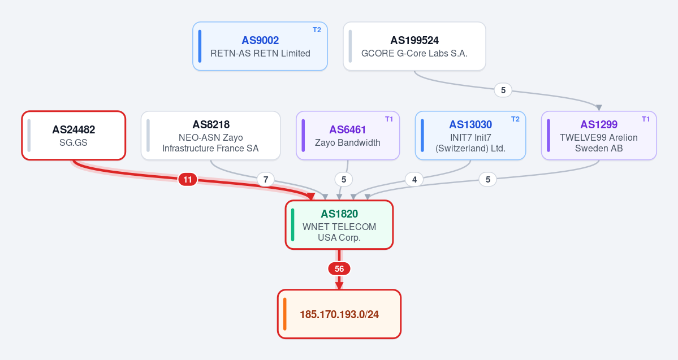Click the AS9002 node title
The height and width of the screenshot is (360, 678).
[260, 40]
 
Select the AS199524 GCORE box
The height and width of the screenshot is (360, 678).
[414, 46]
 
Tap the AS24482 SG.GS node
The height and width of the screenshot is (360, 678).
[74, 136]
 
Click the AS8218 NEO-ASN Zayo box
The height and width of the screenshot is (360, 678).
[210, 136]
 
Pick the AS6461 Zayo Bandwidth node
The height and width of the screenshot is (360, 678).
[348, 136]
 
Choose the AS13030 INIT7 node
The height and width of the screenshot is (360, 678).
[470, 136]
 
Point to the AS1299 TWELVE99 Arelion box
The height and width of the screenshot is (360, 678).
[599, 136]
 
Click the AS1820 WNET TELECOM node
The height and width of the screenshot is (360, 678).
[339, 225]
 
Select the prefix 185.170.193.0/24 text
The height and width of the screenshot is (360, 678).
[339, 314]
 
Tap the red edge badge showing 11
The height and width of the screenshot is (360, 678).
[188, 179]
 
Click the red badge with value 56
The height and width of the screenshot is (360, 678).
[339, 269]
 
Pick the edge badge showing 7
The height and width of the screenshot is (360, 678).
[266, 179]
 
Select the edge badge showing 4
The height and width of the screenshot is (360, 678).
[414, 179]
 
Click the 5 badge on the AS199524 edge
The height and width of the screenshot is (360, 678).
[503, 90]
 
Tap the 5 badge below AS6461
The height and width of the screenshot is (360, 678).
[344, 179]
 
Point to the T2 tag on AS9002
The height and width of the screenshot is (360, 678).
[317, 30]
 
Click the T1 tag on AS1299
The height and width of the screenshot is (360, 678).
[646, 119]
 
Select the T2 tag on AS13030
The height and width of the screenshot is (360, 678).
[515, 119]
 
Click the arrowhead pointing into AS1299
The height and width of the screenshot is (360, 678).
[599, 107]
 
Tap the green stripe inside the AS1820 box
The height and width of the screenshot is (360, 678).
[293, 225]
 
